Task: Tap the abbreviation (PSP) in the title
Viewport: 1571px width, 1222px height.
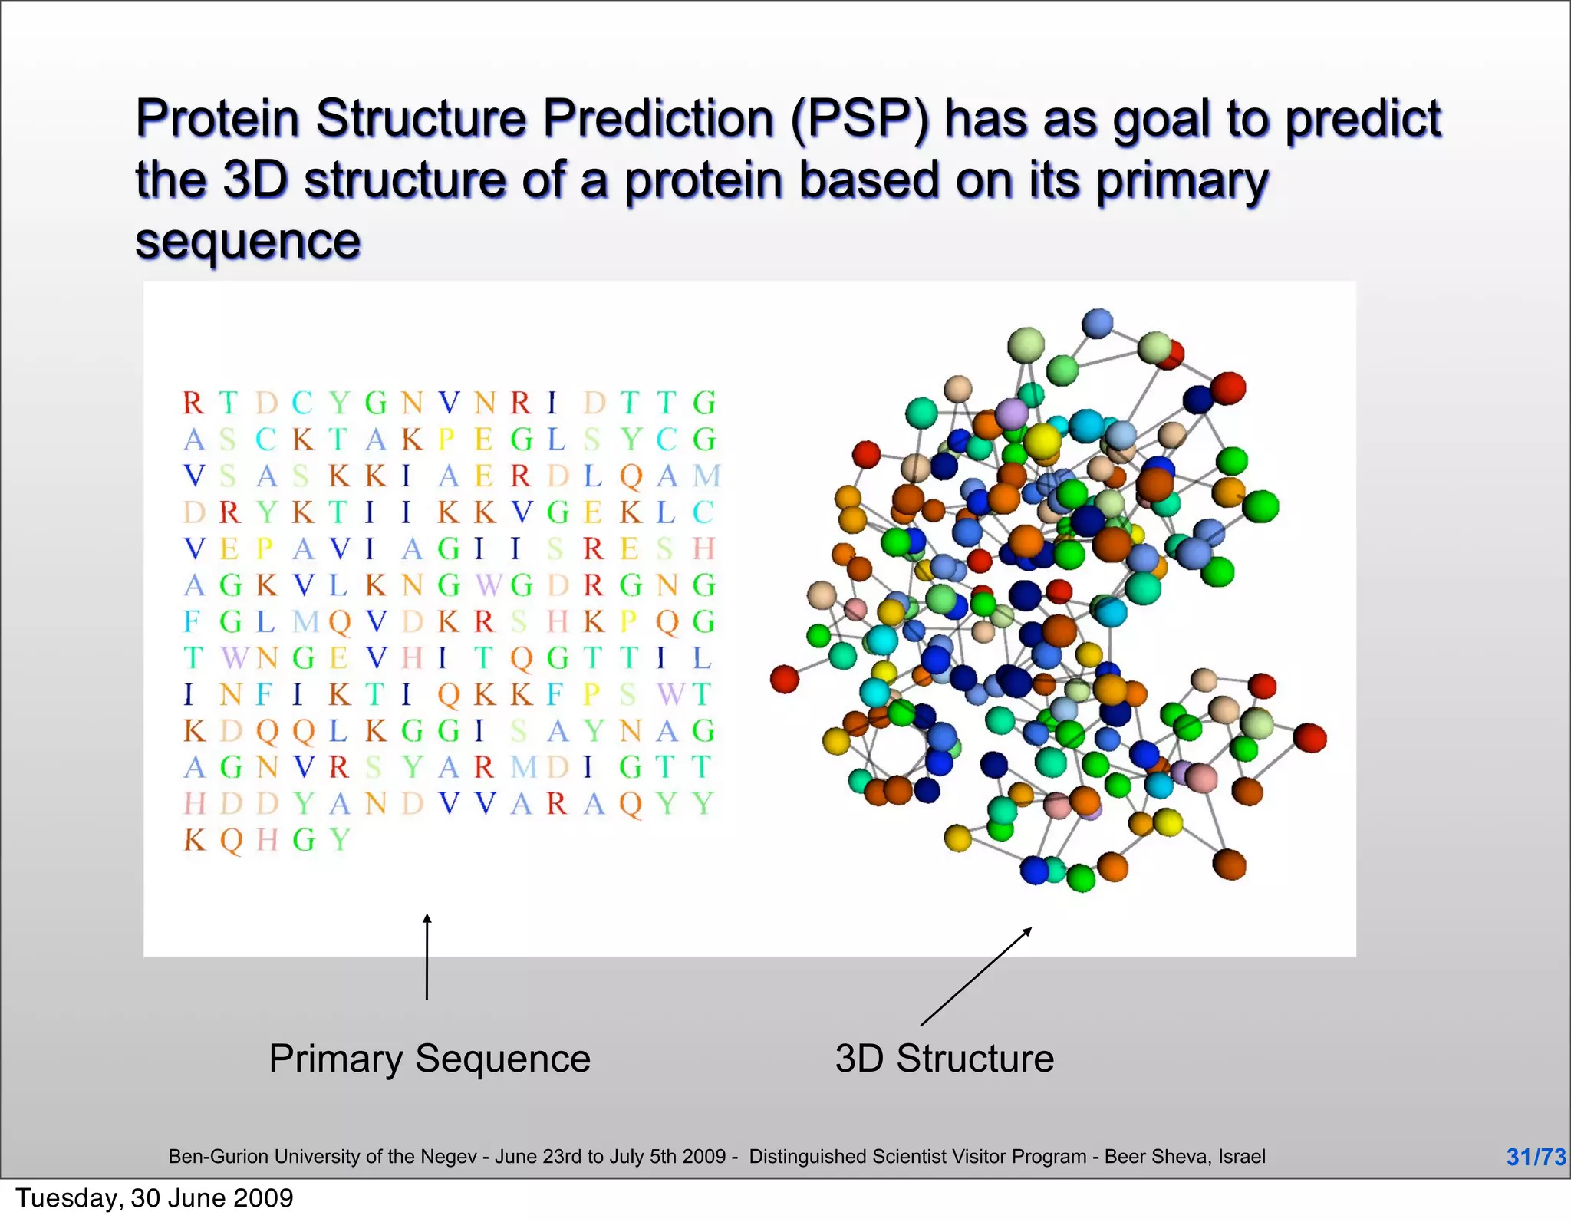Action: (858, 120)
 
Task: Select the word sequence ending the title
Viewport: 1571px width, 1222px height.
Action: (248, 242)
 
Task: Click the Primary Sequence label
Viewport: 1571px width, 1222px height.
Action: (430, 1059)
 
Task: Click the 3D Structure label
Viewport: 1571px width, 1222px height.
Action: (944, 1059)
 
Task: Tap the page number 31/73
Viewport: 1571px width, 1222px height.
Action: (1536, 1157)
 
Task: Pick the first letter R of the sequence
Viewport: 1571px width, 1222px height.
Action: (193, 403)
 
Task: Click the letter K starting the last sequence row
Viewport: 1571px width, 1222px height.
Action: (194, 840)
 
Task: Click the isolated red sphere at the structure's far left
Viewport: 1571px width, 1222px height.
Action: (785, 679)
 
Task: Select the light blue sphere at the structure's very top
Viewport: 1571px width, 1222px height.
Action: (1097, 323)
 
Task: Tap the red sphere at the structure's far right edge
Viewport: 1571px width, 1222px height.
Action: (1309, 737)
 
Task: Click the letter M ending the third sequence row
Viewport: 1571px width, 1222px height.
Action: (706, 476)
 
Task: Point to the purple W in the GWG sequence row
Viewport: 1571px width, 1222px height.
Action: (487, 585)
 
